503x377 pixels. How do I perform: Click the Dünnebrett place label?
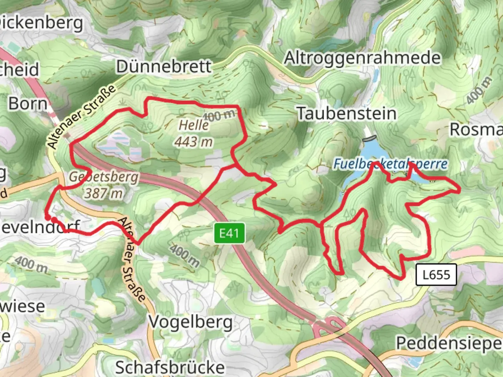click(163, 66)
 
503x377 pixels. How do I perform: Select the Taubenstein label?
click(347, 113)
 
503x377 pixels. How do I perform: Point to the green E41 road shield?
click(229, 233)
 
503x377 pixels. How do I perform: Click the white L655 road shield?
click(436, 275)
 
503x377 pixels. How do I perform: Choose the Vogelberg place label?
click(191, 322)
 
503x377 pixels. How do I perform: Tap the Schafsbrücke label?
click(170, 367)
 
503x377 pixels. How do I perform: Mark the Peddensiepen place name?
click(449, 343)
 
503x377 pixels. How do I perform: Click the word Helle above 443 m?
click(194, 125)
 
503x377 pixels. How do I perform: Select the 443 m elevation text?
click(194, 142)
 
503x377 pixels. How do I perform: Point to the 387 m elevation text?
click(103, 193)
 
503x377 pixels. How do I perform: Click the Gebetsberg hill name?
click(104, 177)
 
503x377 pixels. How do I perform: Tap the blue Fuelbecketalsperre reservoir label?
click(390, 164)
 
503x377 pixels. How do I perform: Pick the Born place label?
click(28, 104)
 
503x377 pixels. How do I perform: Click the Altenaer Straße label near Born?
click(81, 116)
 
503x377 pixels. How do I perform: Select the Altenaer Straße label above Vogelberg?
click(132, 259)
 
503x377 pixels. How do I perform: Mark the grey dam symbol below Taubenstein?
click(370, 138)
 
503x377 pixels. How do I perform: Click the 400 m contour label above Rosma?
click(479, 90)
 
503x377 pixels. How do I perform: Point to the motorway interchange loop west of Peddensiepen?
click(329, 327)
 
